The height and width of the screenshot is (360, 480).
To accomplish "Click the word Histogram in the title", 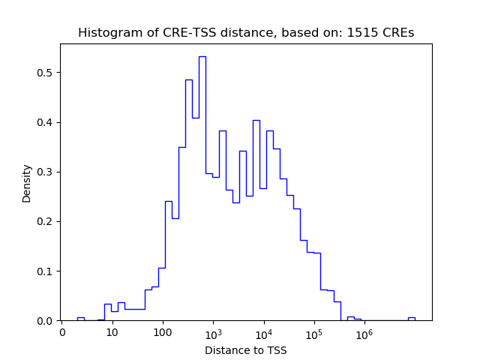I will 106,33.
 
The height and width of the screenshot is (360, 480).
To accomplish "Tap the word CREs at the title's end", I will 397,33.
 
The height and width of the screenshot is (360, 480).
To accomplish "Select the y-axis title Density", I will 27,183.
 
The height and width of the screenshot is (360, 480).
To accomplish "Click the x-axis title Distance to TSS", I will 246,350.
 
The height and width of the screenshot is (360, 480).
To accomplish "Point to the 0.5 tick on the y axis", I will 46,73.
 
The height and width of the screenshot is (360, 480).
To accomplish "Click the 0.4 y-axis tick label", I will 46,122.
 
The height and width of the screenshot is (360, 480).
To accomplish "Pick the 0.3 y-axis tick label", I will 46,172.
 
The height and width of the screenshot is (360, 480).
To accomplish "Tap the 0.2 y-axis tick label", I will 46,221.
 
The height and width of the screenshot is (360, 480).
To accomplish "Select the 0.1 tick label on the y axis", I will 46,271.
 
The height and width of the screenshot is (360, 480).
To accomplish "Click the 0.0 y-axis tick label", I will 46,320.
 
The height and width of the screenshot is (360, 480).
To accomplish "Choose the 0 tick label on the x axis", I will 62,332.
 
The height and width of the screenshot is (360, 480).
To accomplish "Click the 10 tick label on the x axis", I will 112,332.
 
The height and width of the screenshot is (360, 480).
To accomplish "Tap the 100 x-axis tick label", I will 162,332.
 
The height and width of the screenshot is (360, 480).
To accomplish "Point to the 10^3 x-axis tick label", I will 213,331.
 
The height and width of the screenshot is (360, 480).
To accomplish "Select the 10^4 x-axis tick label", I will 263,331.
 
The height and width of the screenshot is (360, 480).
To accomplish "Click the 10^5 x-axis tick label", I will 313,331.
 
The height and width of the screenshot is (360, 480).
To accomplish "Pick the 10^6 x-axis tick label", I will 364,331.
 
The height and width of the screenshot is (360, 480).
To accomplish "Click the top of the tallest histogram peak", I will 202,57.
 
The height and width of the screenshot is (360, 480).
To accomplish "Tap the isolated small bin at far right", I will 411,318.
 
